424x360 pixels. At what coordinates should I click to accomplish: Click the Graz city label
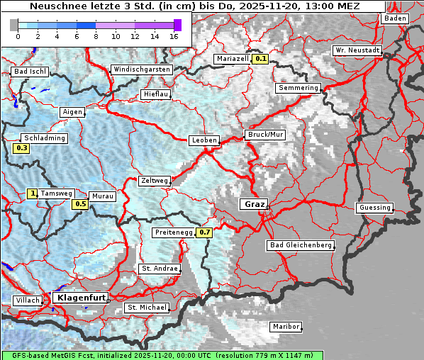[254, 204]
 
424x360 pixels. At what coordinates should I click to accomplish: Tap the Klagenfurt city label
[80, 298]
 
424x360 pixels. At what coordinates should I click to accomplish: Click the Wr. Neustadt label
[357, 51]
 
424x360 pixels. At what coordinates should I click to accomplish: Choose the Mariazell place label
[233, 59]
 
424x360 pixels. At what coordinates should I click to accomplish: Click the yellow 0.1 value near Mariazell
[261, 60]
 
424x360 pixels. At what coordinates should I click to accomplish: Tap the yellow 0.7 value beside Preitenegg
[205, 232]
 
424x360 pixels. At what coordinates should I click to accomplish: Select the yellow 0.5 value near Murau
[81, 205]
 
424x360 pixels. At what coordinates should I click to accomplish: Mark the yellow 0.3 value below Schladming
[21, 149]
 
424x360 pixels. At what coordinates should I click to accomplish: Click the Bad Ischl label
[30, 72]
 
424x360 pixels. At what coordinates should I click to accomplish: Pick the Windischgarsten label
[141, 69]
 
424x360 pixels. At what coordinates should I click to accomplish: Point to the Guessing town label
[374, 208]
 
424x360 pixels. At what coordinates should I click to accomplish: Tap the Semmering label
[299, 88]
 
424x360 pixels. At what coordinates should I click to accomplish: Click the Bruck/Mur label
[264, 134]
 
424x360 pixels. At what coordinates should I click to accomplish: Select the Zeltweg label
[154, 181]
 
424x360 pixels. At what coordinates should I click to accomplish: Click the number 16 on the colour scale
[174, 36]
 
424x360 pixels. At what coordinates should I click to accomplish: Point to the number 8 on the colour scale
[95, 36]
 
